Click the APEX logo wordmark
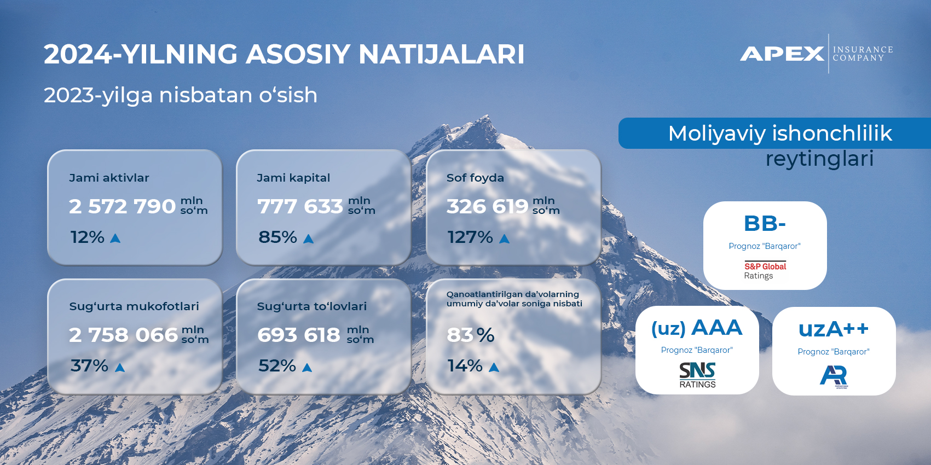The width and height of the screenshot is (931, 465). [782, 54]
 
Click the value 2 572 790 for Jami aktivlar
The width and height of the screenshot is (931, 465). [122, 206]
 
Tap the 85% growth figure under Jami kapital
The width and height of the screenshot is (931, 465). [277, 237]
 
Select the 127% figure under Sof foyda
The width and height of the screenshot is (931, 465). [470, 237]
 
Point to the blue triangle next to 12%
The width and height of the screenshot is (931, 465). [115, 238]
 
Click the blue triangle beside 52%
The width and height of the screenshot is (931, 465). [307, 367]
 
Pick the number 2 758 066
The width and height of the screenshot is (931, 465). [124, 335]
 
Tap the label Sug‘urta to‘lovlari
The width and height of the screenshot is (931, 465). [312, 306]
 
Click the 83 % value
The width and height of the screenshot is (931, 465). [471, 335]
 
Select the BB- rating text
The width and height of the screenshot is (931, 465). [765, 223]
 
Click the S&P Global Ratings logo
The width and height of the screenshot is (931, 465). [765, 270]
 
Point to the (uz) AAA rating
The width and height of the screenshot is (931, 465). [697, 328]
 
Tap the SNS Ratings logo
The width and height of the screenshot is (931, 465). [697, 375]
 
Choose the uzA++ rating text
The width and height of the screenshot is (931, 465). [834, 329]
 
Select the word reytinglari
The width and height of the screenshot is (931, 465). [819, 159]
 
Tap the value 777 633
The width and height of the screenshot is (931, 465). [300, 206]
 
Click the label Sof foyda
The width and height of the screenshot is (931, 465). [475, 178]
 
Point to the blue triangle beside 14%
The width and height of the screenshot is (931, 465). [494, 367]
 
